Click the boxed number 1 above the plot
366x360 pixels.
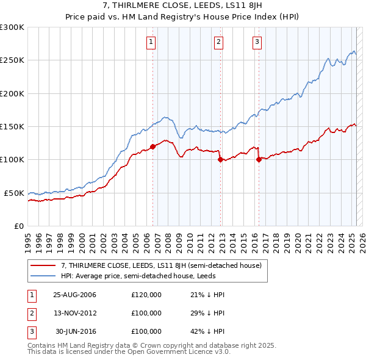(x=151, y=42)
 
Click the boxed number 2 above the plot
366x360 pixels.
(x=218, y=42)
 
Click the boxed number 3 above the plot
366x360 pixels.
(x=257, y=42)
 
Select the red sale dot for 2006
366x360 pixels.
(x=153, y=146)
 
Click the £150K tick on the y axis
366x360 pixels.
(x=12, y=126)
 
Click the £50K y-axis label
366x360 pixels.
(x=14, y=193)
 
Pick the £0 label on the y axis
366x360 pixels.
(x=18, y=226)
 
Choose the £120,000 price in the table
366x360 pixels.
(x=146, y=295)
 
